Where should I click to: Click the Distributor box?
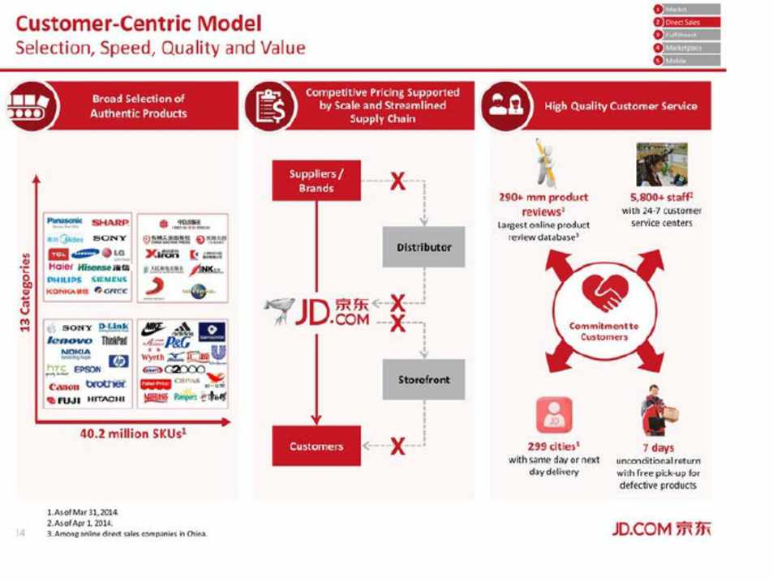pyautogui.click(x=423, y=247)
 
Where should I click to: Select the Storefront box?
pyautogui.click(x=423, y=379)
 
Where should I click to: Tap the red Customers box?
pyautogui.click(x=316, y=446)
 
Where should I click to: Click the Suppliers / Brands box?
pyautogui.click(x=316, y=181)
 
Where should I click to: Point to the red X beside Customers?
pyautogui.click(x=397, y=446)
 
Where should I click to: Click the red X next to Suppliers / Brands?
pyautogui.click(x=397, y=181)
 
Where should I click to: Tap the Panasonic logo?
pyautogui.click(x=65, y=221)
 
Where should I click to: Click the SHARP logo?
pyautogui.click(x=110, y=222)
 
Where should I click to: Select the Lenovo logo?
pyautogui.click(x=70, y=340)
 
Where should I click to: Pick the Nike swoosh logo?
pyautogui.click(x=152, y=328)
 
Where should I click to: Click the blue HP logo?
pyautogui.click(x=118, y=361)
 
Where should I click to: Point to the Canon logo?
pyautogui.click(x=63, y=387)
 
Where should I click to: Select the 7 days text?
pyautogui.click(x=658, y=447)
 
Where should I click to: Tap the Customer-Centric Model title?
pyautogui.click(x=139, y=23)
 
